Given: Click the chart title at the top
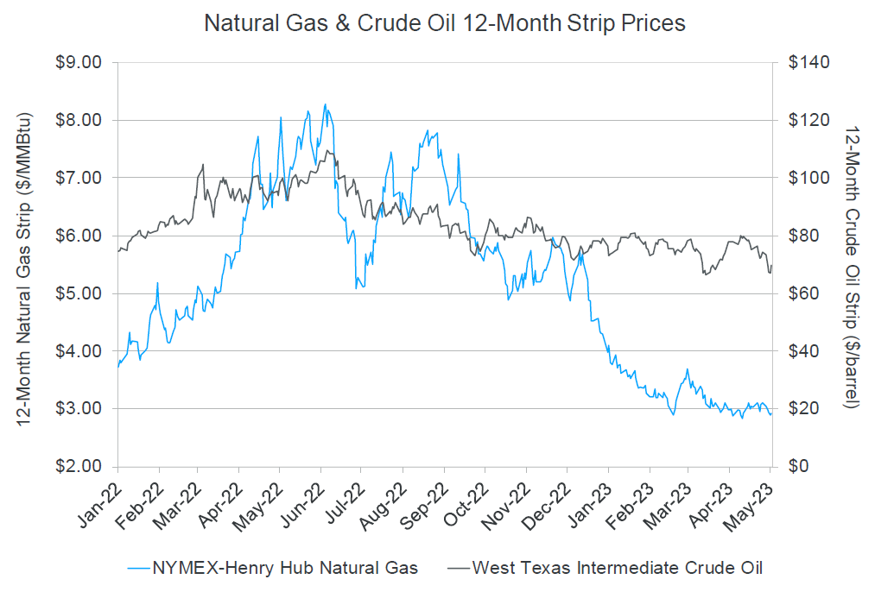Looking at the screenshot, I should [x=444, y=23].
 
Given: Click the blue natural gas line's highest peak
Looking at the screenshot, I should [x=325, y=104].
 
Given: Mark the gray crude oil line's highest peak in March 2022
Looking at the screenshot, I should [x=203, y=164].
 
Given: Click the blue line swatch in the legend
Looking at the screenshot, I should [x=136, y=567].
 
